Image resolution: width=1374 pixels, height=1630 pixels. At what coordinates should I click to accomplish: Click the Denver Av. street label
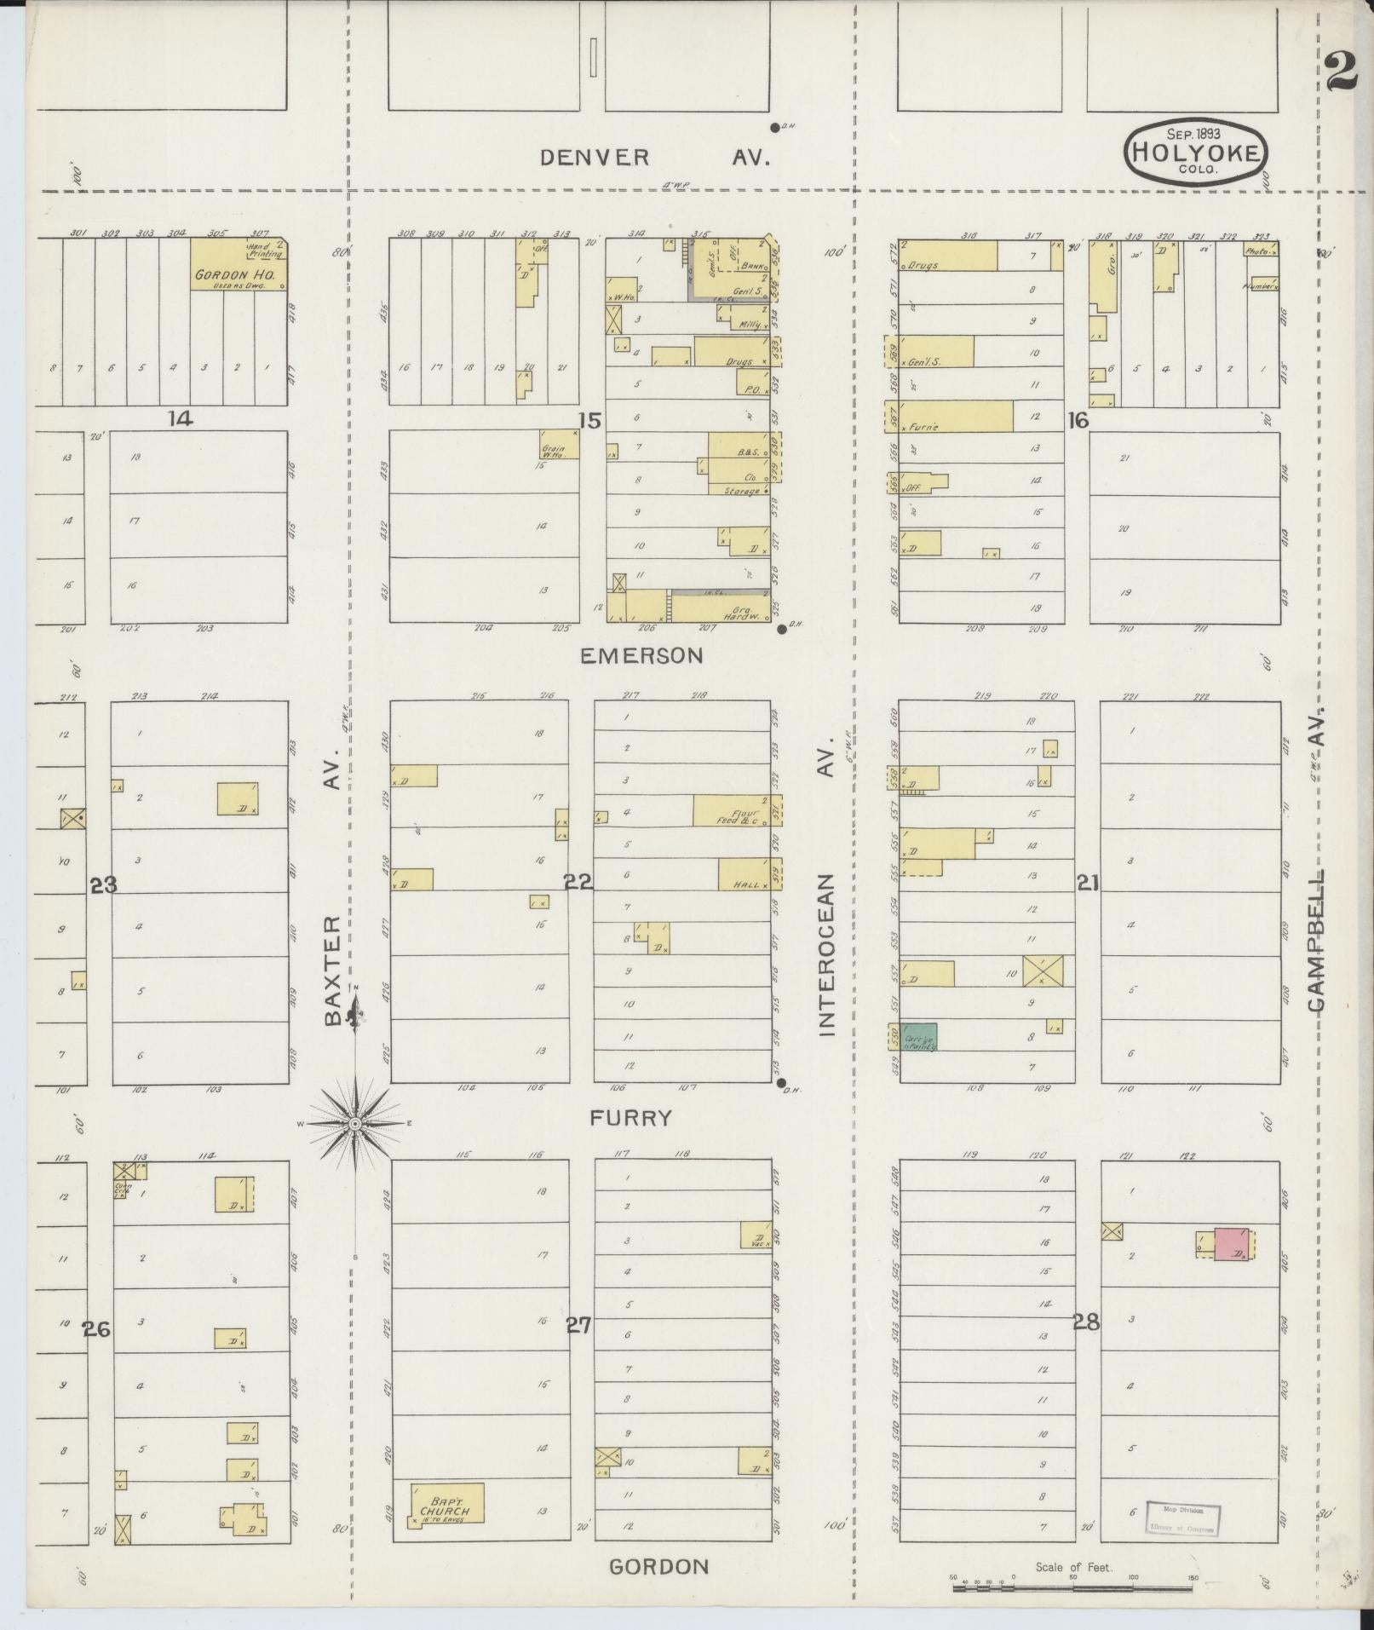[654, 158]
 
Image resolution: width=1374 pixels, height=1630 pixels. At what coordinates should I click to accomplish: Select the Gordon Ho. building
[238, 265]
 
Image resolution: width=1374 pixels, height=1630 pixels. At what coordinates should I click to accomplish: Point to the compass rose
[354, 1124]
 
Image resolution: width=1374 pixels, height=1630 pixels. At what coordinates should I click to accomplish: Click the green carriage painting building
[919, 1036]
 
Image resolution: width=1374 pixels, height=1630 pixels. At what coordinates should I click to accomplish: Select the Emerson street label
[641, 655]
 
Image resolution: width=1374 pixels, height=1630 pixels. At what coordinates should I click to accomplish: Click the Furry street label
[631, 1118]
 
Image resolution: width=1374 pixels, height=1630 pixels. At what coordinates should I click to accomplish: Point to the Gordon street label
[659, 1566]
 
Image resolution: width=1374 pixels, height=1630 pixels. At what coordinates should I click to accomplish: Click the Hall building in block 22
[750, 874]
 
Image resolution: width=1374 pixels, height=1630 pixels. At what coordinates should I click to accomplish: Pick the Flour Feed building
[737, 810]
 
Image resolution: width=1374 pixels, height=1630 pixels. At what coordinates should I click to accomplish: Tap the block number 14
[181, 418]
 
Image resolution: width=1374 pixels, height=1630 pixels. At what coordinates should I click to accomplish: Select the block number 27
[579, 1325]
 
